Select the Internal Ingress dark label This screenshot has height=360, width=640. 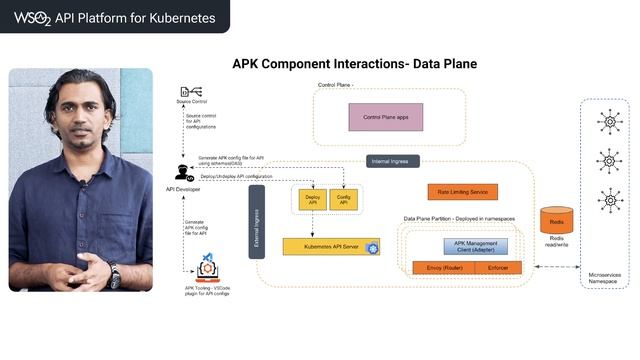393,160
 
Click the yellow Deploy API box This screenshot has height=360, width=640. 310,199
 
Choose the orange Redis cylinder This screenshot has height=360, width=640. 556,220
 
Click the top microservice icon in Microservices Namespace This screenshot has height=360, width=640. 607,123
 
